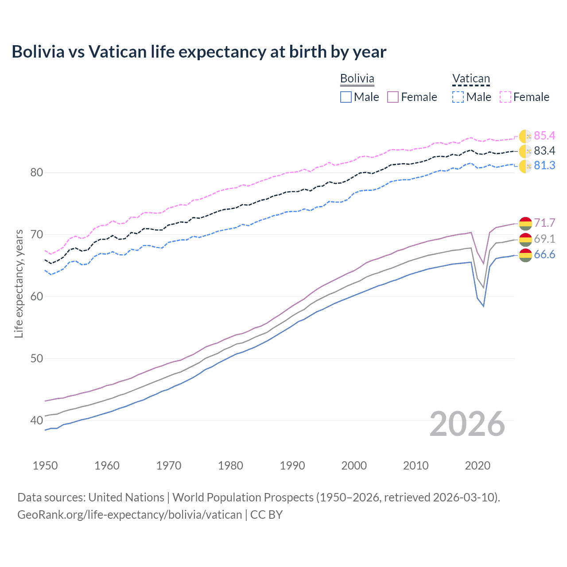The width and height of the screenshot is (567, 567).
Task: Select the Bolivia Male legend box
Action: pyautogui.click(x=346, y=97)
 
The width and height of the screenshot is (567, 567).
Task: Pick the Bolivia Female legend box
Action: pyautogui.click(x=393, y=97)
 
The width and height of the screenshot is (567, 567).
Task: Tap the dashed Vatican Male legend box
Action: pyautogui.click(x=458, y=97)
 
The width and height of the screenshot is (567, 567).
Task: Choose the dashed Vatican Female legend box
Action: pyautogui.click(x=505, y=97)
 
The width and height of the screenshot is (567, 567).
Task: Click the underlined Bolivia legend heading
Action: pyautogui.click(x=357, y=79)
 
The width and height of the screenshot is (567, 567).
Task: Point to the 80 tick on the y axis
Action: pyautogui.click(x=36, y=172)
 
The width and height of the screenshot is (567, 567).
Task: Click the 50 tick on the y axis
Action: pyautogui.click(x=36, y=358)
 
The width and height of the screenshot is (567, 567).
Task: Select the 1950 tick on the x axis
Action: pyautogui.click(x=45, y=466)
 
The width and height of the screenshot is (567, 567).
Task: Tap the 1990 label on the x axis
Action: pyautogui.click(x=292, y=466)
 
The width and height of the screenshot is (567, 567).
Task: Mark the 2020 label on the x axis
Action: pyautogui.click(x=478, y=466)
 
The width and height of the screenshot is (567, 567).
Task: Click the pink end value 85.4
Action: pyautogui.click(x=544, y=136)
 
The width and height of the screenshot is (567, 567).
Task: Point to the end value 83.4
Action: pyautogui.click(x=544, y=151)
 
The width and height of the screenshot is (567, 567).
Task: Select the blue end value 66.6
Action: pyautogui.click(x=544, y=255)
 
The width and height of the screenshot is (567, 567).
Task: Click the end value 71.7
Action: pyautogui.click(x=544, y=223)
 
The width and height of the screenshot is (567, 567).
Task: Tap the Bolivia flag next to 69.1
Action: pyautogui.click(x=525, y=239)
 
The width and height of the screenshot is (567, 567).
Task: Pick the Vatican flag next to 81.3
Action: pyautogui.click(x=525, y=166)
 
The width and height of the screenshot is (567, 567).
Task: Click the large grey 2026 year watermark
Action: pyautogui.click(x=467, y=424)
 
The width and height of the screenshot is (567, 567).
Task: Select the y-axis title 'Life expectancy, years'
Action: pyautogui.click(x=19, y=283)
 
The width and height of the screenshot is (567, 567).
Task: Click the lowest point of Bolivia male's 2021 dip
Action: pyautogui.click(x=484, y=306)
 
